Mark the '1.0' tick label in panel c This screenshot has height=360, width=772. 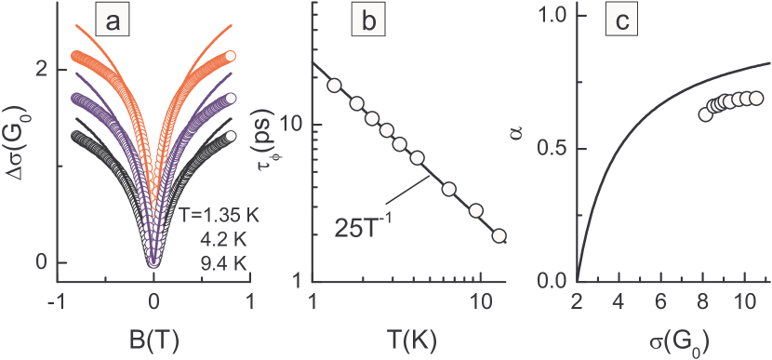[554, 16]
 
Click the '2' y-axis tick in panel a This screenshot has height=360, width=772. [40, 69]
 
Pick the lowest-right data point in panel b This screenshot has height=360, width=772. [499, 235]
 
